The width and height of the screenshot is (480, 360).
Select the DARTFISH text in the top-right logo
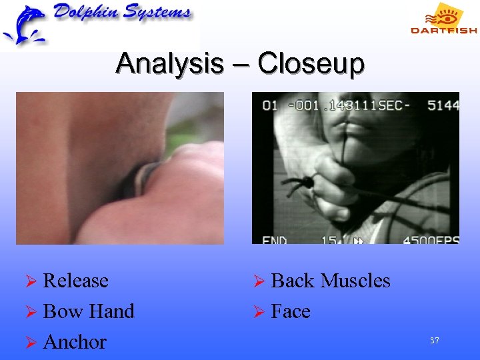pyautogui.click(x=443, y=30)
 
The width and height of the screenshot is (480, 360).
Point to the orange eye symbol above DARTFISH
pyautogui.click(x=446, y=15)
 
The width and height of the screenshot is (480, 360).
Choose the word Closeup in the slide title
pyautogui.click(x=311, y=65)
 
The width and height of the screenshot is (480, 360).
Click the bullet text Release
pyautogui.click(x=75, y=281)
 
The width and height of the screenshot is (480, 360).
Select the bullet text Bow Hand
pyautogui.click(x=88, y=311)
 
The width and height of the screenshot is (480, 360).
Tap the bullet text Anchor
pyautogui.click(x=74, y=342)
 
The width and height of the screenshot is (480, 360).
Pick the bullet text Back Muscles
pyautogui.click(x=331, y=281)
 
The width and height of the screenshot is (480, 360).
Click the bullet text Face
pyautogui.click(x=291, y=311)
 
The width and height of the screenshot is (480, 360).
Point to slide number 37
pyautogui.click(x=435, y=341)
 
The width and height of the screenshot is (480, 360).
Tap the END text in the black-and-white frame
pyautogui.click(x=275, y=241)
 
